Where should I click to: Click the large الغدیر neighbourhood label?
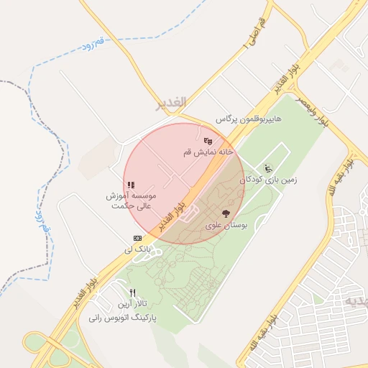[x=170, y=103]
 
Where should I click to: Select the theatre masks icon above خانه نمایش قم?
[x=208, y=141]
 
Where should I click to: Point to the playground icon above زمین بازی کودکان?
[x=268, y=168]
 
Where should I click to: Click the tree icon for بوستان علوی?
[x=226, y=213]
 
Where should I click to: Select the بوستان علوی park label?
[x=226, y=225]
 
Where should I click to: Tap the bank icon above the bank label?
[x=137, y=238]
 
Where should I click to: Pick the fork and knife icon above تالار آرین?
[x=132, y=293]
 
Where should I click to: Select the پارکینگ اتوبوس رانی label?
[x=122, y=317]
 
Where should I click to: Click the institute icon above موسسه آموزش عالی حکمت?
[x=131, y=185]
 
